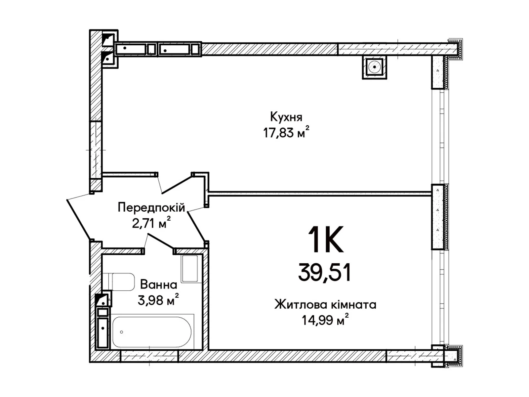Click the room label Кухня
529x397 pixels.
[286, 117]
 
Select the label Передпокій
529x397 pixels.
[151, 208]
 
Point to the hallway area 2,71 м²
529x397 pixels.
[151, 223]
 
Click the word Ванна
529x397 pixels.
[158, 285]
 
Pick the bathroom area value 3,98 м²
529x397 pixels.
[158, 300]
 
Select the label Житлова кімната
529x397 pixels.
[325, 304]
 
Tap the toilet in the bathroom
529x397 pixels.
[119, 282]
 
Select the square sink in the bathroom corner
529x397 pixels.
[189, 268]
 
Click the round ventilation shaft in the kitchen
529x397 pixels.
[374, 67]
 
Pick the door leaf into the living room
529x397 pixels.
[196, 227]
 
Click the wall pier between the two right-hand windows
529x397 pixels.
[439, 217]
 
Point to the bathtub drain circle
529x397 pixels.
[122, 332]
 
